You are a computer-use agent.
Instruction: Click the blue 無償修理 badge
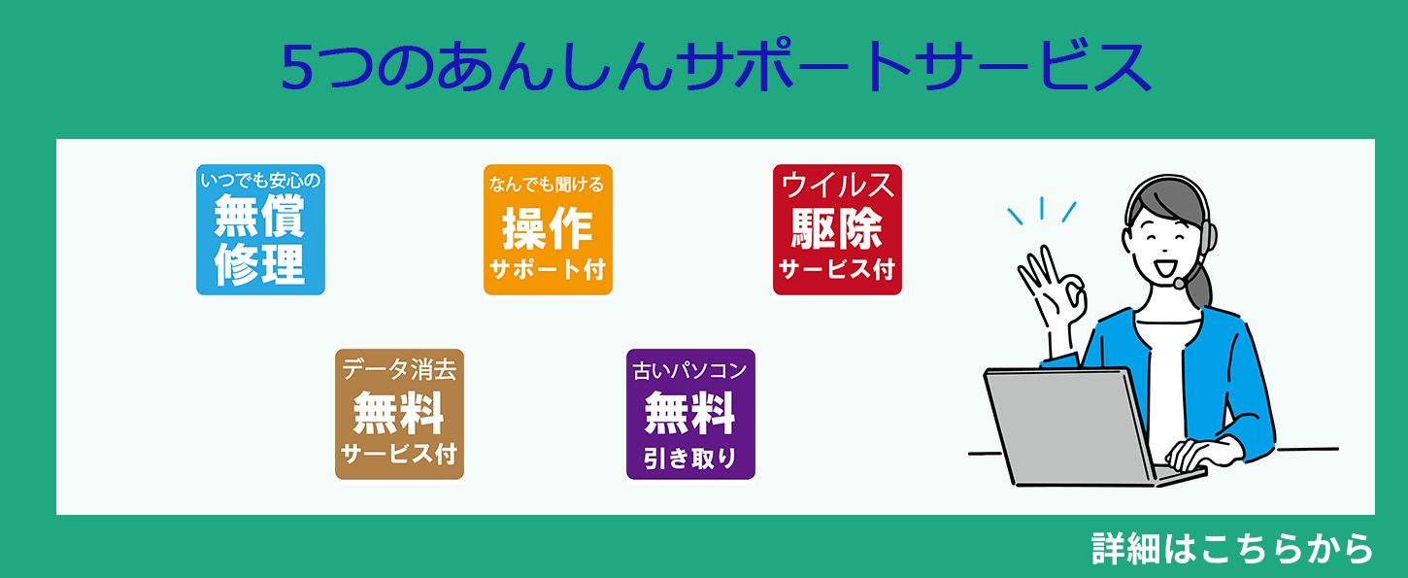[260, 229]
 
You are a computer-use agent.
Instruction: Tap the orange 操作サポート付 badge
[548, 229]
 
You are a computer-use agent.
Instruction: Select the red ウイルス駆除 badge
[837, 229]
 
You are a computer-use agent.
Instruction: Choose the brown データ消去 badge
[399, 414]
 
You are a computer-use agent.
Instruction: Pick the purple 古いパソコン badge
[690, 414]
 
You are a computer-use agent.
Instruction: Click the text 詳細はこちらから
[1231, 549]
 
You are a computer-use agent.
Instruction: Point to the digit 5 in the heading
[297, 67]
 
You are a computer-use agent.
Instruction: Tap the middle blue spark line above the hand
[1042, 208]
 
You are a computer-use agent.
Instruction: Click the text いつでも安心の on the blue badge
[260, 181]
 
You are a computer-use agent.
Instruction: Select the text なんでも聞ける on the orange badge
[547, 184]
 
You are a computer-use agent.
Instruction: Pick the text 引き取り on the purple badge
[690, 458]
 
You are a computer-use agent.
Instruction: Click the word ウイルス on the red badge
[837, 186]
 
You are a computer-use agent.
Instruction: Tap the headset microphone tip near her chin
[1179, 284]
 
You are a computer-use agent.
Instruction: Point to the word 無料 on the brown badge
[398, 412]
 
